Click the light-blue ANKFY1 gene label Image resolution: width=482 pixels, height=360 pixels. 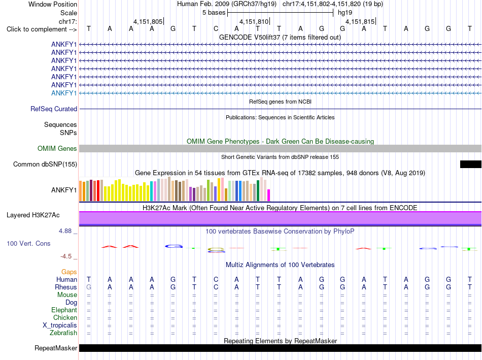point(64,93)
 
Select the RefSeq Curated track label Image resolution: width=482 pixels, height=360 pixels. point(54,109)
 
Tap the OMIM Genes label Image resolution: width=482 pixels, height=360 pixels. point(57,149)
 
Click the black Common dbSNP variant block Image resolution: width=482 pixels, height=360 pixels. point(471,165)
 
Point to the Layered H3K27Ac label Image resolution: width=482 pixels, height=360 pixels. point(33,215)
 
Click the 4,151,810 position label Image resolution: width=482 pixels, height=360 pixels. point(254,21)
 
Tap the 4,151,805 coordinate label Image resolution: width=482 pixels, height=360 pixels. point(148,21)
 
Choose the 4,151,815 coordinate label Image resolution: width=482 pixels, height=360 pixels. point(360,21)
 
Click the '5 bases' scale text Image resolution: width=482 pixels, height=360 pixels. point(214,13)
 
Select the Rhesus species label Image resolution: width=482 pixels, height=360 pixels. point(66,287)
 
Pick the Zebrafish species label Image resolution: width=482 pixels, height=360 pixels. point(63,333)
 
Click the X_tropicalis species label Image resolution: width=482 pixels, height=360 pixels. point(60,325)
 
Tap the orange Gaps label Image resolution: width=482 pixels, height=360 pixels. point(69,272)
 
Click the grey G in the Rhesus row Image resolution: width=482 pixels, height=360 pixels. point(88,287)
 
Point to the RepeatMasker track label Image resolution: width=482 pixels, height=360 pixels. point(56,348)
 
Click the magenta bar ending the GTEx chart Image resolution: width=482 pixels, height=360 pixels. point(269,195)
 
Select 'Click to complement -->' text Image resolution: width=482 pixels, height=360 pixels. point(42,29)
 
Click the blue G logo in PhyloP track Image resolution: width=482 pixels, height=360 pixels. point(174,246)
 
